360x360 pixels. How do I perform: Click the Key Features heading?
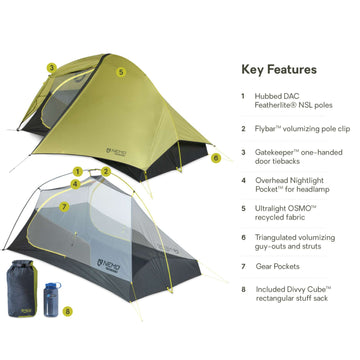click(279, 70)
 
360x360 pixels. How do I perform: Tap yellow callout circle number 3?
click(51, 68)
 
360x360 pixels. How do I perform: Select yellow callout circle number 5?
click(121, 72)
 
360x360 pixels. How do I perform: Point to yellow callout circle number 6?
click(216, 158)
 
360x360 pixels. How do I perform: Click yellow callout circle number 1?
click(77, 172)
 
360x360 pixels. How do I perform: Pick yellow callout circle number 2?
click(106, 172)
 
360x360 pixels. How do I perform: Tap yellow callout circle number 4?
click(76, 184)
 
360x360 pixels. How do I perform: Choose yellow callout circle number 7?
click(64, 207)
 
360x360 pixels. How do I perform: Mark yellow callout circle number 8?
click(68, 312)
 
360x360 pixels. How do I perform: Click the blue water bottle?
click(52, 299)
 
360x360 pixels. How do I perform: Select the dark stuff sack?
click(22, 288)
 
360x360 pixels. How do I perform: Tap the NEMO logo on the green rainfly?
click(117, 152)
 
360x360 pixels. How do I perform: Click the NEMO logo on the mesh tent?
click(108, 264)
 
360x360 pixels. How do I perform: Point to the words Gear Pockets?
click(278, 266)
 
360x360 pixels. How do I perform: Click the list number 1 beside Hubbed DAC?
click(243, 96)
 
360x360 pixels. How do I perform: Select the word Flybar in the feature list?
click(266, 129)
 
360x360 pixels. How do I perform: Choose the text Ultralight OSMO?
click(283, 209)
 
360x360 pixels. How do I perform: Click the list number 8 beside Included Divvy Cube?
click(243, 289)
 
